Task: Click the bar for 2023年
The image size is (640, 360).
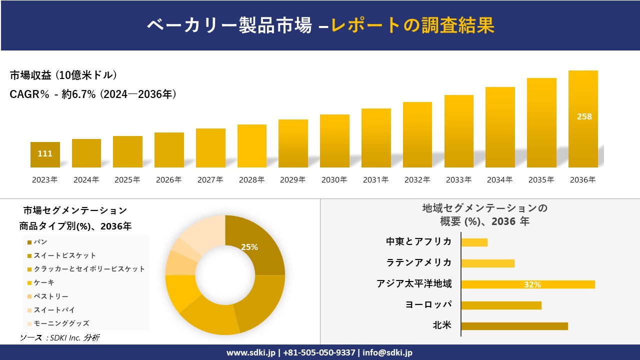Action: (45, 155)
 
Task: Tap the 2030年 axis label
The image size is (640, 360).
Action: (334, 180)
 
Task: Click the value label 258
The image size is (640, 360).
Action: (584, 116)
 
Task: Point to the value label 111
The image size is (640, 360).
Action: (45, 153)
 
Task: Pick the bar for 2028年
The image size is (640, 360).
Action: (251, 146)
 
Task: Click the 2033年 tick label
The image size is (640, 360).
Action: (458, 180)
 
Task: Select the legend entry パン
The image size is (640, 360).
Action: (40, 242)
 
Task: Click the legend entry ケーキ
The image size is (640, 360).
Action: (44, 283)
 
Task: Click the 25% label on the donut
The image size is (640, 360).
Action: (249, 247)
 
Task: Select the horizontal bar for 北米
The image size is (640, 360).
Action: (514, 326)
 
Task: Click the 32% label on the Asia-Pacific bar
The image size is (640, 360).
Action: (532, 284)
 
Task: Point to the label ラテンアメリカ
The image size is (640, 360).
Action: (418, 263)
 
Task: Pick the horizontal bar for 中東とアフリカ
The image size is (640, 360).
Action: (474, 242)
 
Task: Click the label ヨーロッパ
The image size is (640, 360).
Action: (428, 304)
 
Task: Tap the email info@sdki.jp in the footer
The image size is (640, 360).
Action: (387, 352)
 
